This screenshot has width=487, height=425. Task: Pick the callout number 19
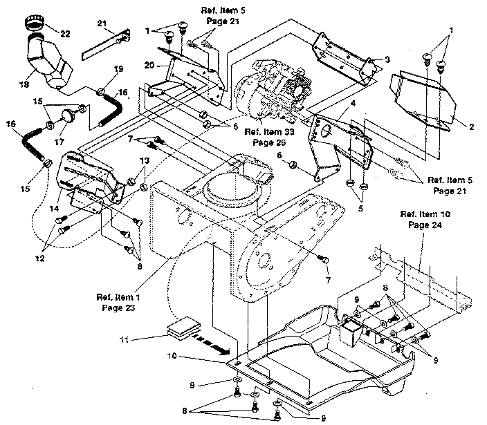pos(118,69)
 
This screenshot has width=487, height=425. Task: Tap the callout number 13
pos(143,160)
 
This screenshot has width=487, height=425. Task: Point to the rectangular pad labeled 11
pos(183,329)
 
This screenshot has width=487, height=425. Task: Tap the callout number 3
pos(388,59)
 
